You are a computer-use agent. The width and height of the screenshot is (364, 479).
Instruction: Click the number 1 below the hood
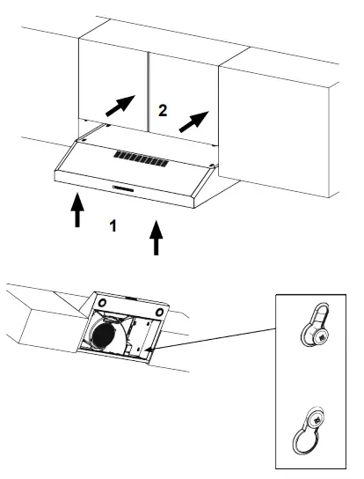pos(112,225)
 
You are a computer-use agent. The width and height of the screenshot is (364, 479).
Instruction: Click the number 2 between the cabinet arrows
pos(162,110)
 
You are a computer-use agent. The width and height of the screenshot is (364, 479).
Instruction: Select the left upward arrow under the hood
pos(77,210)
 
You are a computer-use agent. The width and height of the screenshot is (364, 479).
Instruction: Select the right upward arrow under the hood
pos(157,237)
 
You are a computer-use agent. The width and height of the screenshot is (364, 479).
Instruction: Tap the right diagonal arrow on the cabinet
pos(194,120)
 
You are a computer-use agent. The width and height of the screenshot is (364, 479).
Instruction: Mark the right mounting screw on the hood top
pos(215,165)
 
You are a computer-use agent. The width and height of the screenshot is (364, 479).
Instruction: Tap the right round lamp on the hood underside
pos(162,312)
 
